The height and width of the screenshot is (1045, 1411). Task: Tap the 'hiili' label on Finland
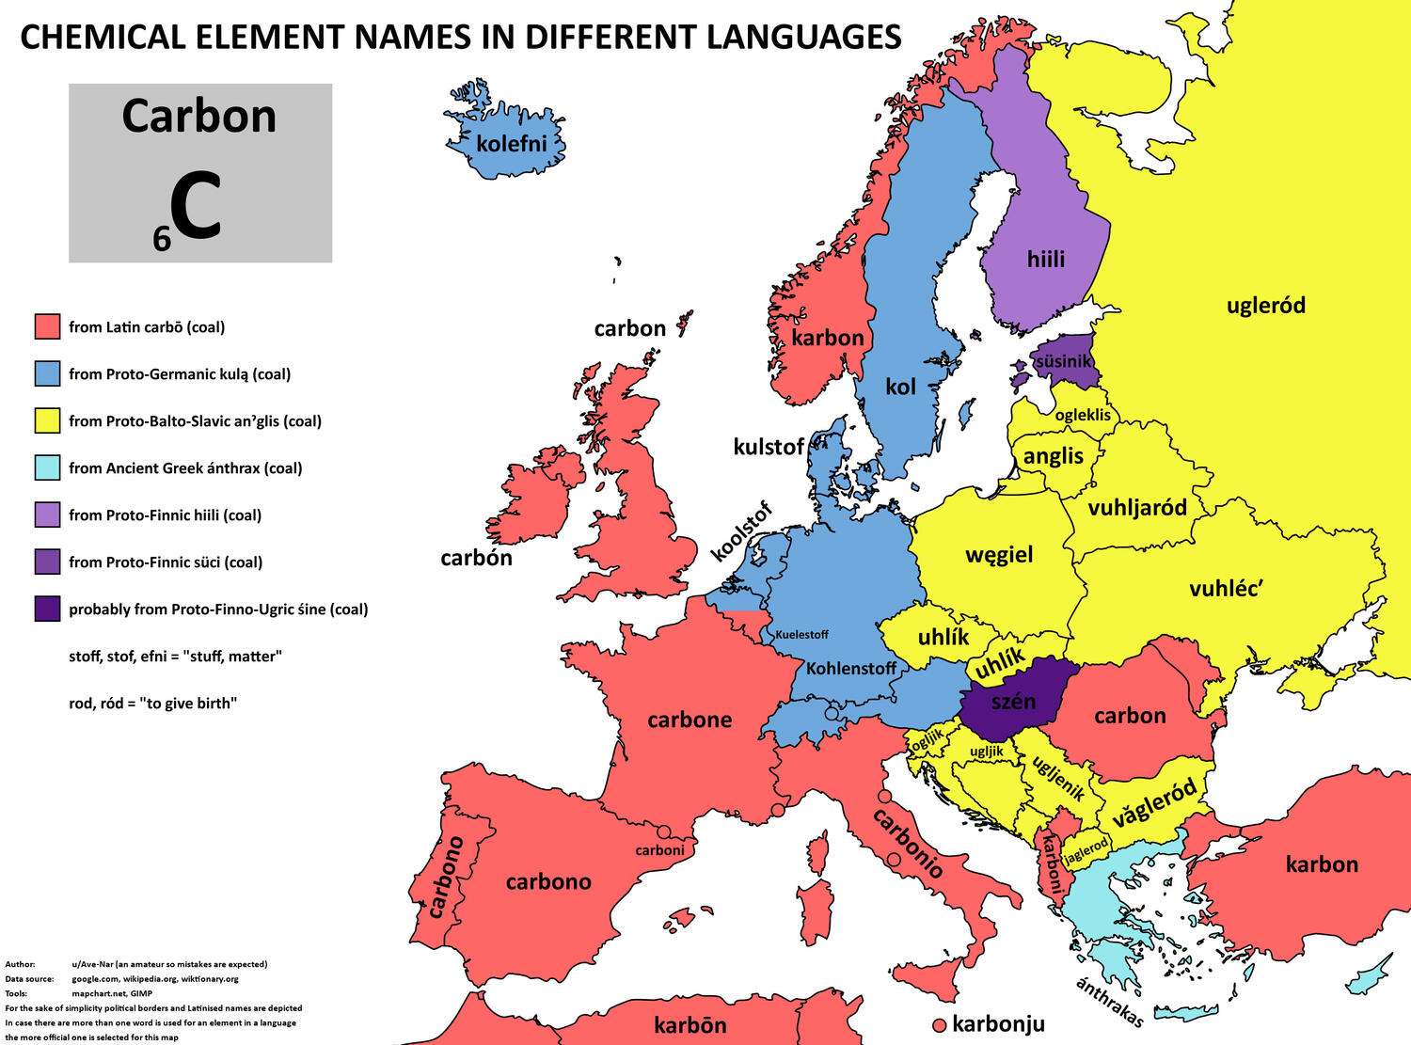pyautogui.click(x=1046, y=259)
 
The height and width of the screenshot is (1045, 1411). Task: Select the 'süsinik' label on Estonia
pyautogui.click(x=1063, y=361)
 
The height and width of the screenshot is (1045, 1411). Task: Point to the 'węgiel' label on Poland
pyautogui.click(x=999, y=554)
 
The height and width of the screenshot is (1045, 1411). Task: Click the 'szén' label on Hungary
pyautogui.click(x=1014, y=701)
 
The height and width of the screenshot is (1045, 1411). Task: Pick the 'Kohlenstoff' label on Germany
pyautogui.click(x=851, y=669)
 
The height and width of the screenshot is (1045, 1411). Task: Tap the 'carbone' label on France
pyautogui.click(x=690, y=720)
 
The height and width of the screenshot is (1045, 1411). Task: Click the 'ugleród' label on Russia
pyautogui.click(x=1266, y=305)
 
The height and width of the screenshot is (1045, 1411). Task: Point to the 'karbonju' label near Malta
pyautogui.click(x=998, y=1023)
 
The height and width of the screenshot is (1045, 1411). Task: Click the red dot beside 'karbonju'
pyautogui.click(x=938, y=1025)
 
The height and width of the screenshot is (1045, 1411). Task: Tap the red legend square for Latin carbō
pyautogui.click(x=47, y=326)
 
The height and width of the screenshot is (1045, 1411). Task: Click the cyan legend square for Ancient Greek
pyautogui.click(x=47, y=467)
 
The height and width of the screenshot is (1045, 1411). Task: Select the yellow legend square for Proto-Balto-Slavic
pyautogui.click(x=47, y=420)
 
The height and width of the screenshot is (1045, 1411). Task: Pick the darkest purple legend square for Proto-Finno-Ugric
pyautogui.click(x=47, y=609)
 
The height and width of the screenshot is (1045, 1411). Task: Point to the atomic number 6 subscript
pyautogui.click(x=162, y=240)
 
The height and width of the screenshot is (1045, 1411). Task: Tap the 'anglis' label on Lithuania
pyautogui.click(x=1054, y=456)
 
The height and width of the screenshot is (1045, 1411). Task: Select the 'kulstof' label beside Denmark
pyautogui.click(x=769, y=447)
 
